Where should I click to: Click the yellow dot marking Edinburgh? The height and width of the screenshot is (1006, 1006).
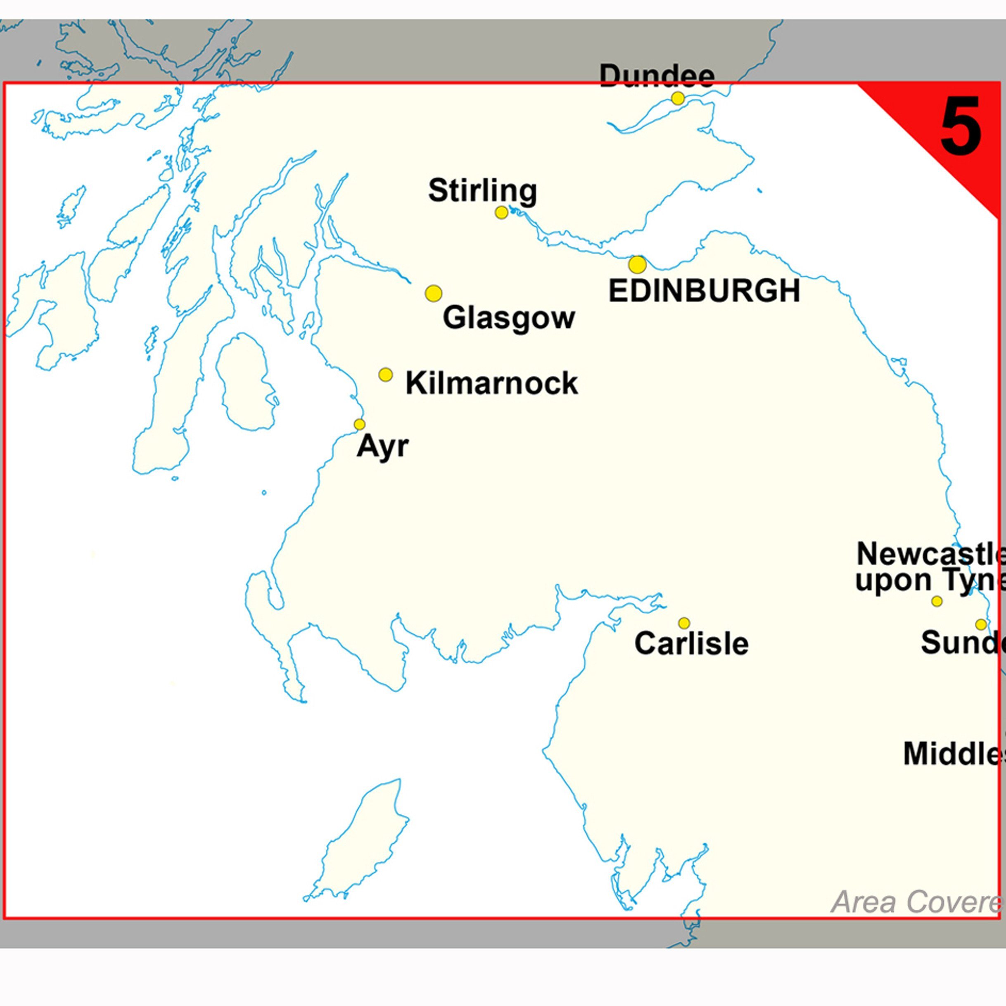(x=637, y=265)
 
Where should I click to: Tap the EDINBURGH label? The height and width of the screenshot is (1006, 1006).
(x=704, y=291)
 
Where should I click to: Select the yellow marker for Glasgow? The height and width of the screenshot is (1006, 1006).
(x=434, y=293)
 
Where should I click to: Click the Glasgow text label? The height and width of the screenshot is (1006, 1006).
(x=509, y=318)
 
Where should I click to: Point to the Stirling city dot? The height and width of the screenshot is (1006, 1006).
(x=501, y=212)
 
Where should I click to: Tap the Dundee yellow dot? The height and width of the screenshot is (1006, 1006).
(x=677, y=98)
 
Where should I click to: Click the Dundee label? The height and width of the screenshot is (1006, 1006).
(x=657, y=76)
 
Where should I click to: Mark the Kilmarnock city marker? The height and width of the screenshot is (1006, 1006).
(x=385, y=375)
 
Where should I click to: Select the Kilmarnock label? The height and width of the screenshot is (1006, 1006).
(x=491, y=383)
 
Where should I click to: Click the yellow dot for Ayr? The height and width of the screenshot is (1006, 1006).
(x=359, y=425)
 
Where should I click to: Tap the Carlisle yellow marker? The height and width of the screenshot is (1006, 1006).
(x=684, y=623)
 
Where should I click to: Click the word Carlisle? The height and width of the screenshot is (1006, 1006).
(x=691, y=643)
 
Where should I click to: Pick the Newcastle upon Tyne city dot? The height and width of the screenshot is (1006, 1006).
(x=937, y=601)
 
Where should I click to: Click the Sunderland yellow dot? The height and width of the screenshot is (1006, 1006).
(x=981, y=624)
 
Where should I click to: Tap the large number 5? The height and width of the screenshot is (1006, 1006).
(x=961, y=128)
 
